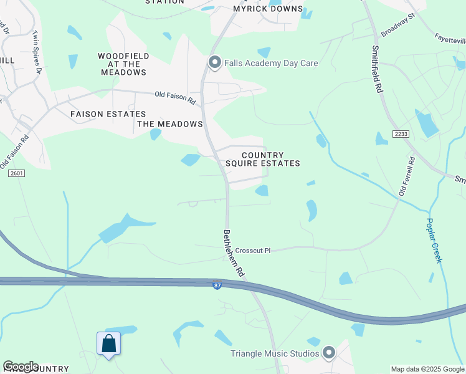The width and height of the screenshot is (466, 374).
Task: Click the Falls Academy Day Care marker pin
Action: click(x=214, y=63)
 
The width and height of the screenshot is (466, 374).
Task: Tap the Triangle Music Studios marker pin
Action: click(x=329, y=353)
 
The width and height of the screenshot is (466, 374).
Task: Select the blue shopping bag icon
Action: click(x=108, y=344)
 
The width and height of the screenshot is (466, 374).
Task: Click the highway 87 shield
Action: click(x=217, y=285)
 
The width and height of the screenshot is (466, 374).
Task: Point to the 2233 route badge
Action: click(x=400, y=134)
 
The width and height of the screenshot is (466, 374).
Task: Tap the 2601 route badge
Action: click(x=16, y=173)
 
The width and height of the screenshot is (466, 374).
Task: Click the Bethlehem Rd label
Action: click(x=232, y=253)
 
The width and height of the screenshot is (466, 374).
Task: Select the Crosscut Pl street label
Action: click(x=253, y=251)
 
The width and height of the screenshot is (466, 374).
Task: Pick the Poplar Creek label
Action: click(x=434, y=240)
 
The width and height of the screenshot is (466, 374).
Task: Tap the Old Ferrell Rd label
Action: click(x=407, y=176)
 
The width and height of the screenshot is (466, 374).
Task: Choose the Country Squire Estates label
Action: click(x=262, y=159)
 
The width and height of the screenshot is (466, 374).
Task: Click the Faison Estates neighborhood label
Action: click(x=108, y=114)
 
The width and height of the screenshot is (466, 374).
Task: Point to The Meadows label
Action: click(x=170, y=124)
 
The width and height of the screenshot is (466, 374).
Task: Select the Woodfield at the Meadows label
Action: click(x=123, y=64)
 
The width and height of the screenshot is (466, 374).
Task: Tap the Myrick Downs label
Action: click(x=268, y=9)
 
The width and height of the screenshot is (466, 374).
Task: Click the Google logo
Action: click(x=21, y=367)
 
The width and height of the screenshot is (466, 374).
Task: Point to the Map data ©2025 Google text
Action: click(x=427, y=369)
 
